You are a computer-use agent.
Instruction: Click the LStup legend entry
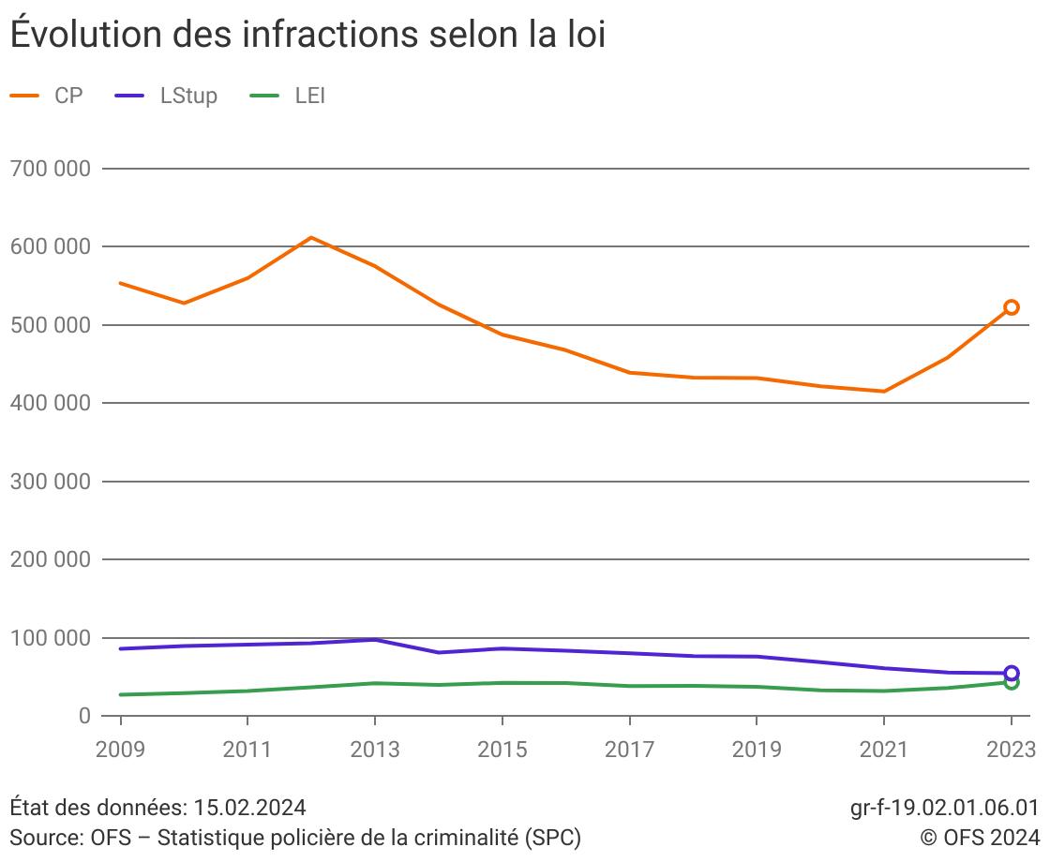tap(188, 96)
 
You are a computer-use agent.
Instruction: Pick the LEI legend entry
tap(309, 96)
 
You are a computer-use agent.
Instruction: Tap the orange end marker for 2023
tap(1012, 307)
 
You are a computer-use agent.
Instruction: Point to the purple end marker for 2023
tap(1012, 673)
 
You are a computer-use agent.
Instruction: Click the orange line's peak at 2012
tap(311, 237)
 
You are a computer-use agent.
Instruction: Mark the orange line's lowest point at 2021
tap(884, 391)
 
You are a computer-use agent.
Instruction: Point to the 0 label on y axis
tap(83, 716)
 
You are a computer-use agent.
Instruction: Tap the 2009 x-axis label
tap(120, 750)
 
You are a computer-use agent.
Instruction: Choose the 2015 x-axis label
tap(502, 750)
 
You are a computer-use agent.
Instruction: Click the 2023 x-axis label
tap(1011, 750)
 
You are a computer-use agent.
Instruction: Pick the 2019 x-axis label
tap(757, 750)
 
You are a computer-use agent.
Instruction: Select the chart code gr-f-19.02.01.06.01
tap(944, 808)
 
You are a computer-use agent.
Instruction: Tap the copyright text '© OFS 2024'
tap(980, 837)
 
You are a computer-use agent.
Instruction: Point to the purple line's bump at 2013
tap(375, 639)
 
